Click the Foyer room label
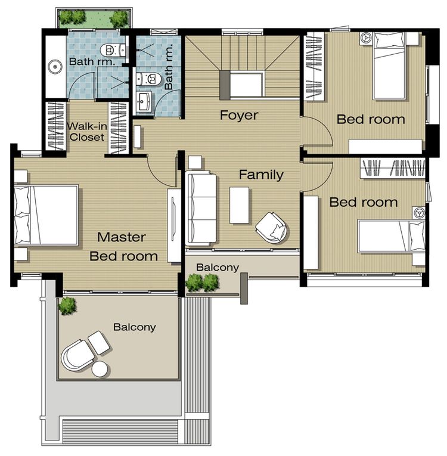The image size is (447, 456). [239, 115]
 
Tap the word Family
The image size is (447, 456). [261, 175]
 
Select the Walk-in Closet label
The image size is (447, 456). [86, 132]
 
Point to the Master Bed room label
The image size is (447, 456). [123, 247]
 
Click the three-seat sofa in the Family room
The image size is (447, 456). [201, 208]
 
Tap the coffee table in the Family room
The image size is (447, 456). [240, 205]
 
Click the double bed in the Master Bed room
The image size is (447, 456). [46, 215]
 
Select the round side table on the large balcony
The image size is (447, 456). [100, 369]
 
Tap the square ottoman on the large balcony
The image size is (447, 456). [99, 343]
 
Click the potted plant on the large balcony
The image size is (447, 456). [67, 306]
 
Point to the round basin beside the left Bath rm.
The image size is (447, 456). [55, 67]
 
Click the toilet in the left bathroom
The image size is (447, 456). [113, 50]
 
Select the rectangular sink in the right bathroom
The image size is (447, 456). [144, 101]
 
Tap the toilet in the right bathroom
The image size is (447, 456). [148, 79]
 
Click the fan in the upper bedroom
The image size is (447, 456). [366, 38]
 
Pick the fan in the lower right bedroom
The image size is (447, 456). [418, 213]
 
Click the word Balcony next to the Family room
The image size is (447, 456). [218, 267]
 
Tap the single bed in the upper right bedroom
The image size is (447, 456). [389, 66]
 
